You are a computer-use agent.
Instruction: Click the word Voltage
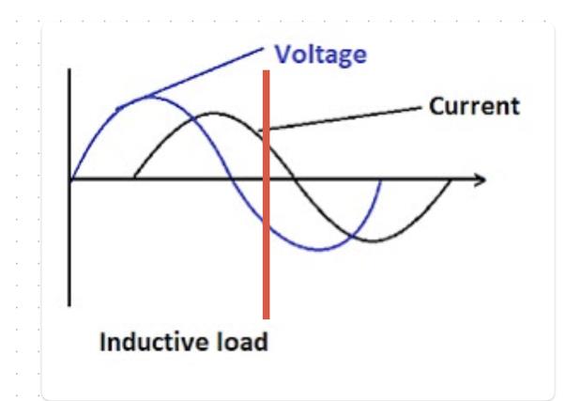tap(320, 54)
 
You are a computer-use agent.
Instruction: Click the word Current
tap(473, 106)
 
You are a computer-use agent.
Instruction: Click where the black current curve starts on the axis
tap(135, 178)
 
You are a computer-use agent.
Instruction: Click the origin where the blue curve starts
tap(70, 178)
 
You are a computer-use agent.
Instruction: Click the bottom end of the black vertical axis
tap(69, 304)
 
